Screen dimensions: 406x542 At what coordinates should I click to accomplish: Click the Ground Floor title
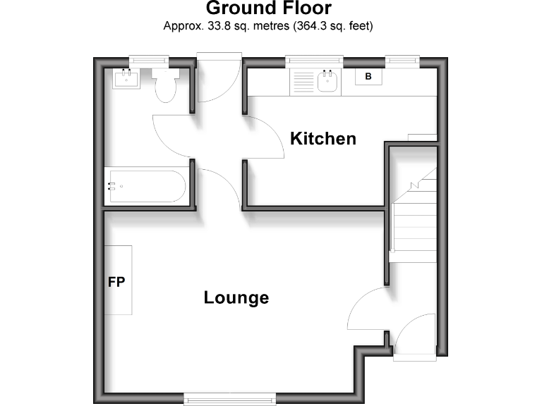[268, 8]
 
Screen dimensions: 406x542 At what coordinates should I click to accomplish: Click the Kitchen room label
[323, 138]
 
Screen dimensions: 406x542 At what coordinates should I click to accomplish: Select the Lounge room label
[236, 297]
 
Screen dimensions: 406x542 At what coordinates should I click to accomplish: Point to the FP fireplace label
[116, 282]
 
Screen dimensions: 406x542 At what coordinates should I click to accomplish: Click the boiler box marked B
[368, 76]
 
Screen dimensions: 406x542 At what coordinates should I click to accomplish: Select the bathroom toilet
[166, 86]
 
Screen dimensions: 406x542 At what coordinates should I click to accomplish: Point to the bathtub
[145, 186]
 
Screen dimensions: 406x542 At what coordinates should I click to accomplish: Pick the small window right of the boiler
[402, 61]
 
